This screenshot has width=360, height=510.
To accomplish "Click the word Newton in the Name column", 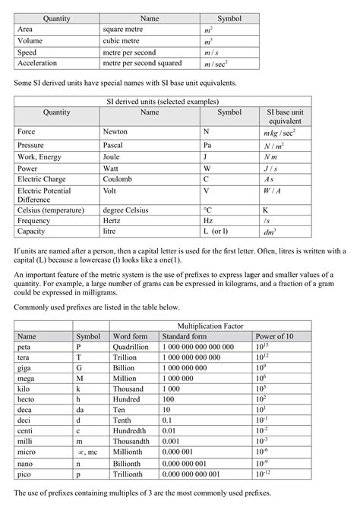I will pyautogui.click(x=115, y=131).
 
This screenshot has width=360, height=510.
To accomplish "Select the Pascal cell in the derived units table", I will pyautogui.click(x=114, y=143).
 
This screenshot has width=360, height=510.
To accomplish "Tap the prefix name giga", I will pyautogui.click(x=27, y=367).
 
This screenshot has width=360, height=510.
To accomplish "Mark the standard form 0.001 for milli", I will pyautogui.click(x=170, y=441).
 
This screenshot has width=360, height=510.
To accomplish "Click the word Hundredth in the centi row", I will pyautogui.click(x=131, y=430).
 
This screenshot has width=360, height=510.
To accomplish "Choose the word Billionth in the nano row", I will pyautogui.click(x=128, y=462).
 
